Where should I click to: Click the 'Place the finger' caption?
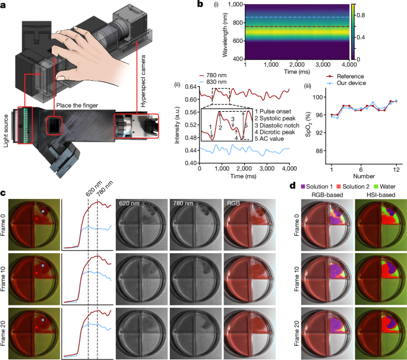tap(80, 106)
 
